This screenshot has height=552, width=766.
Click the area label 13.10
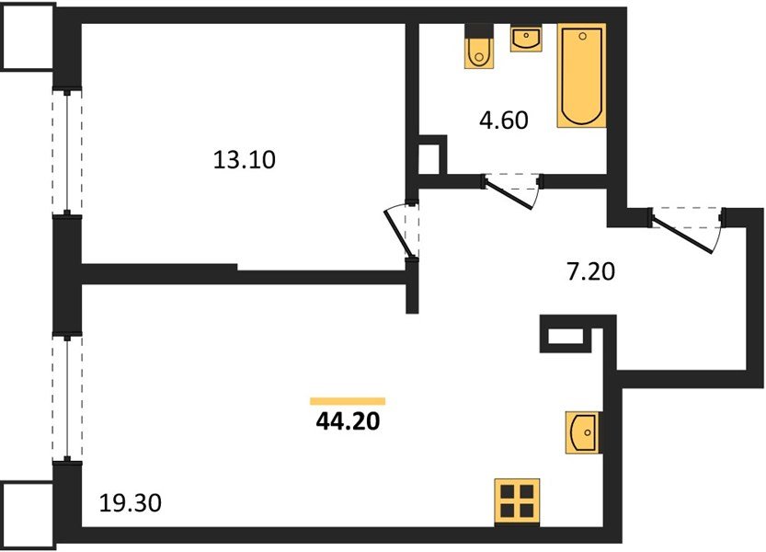pos(245,160)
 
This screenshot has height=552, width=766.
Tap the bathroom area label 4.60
pos(504,121)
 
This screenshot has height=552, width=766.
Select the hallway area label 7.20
pos(590,271)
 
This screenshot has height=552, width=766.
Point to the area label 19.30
pos(130,502)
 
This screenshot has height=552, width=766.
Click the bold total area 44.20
pos(348,421)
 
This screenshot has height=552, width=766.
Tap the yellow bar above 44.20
pos(348,401)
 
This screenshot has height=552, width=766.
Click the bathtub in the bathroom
pos(582,75)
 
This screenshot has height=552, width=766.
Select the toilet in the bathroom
pos(478,46)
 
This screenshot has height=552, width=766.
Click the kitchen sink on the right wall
pos(582,432)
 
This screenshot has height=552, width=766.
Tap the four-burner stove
pos(517,501)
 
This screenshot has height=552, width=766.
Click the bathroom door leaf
pos(508,195)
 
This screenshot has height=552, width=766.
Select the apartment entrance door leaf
pos(682,235)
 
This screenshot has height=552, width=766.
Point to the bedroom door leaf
pos(396,233)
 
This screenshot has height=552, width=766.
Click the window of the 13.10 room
pos(67,152)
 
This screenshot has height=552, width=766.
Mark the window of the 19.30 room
pos(67,397)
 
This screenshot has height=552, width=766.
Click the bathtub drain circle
pos(582,36)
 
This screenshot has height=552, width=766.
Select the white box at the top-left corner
pos(28,36)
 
